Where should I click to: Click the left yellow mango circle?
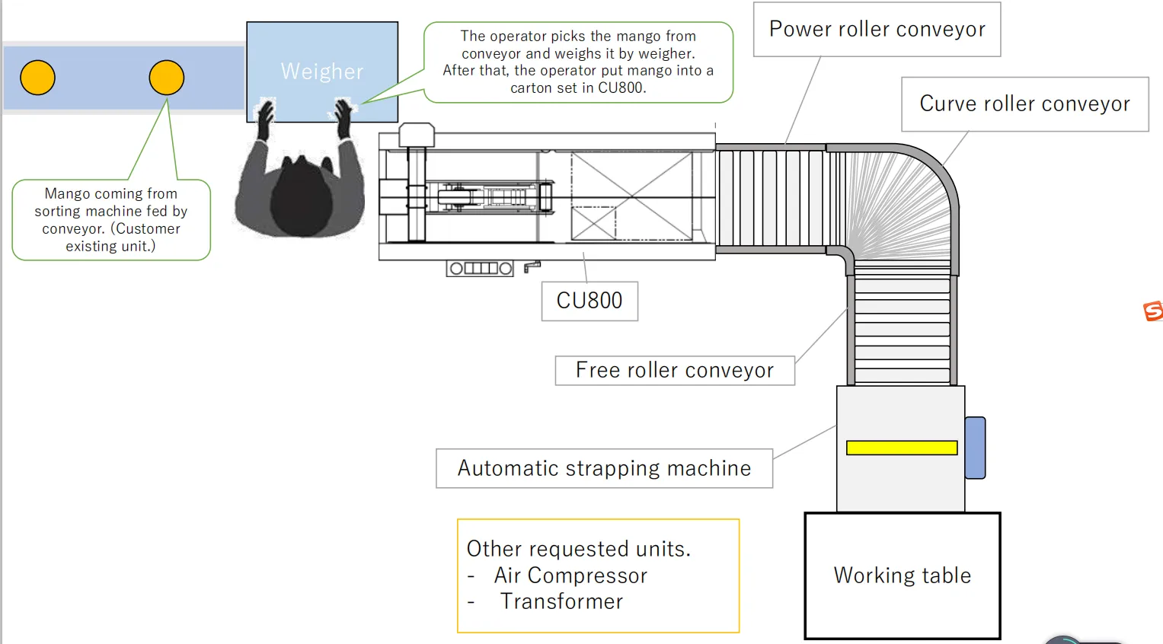[x=37, y=78]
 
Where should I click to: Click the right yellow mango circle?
[x=166, y=78]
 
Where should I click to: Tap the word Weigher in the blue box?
[x=321, y=72]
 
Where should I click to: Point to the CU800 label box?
[x=589, y=301]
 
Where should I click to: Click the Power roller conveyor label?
[x=877, y=30]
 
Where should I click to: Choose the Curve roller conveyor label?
[x=1024, y=104]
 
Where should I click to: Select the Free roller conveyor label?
[x=675, y=371]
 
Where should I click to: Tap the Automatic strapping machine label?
[x=604, y=468]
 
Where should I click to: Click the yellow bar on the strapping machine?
[x=902, y=448]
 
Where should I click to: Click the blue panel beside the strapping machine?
[x=975, y=448]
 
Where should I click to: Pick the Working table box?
[x=903, y=575]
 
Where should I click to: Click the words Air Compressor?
[x=570, y=575]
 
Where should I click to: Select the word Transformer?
[x=561, y=601]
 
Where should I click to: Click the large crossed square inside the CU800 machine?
[x=631, y=196]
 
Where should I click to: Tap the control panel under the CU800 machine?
[x=480, y=268]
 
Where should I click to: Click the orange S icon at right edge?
[x=1153, y=311]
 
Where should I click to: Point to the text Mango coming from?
[x=110, y=194]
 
